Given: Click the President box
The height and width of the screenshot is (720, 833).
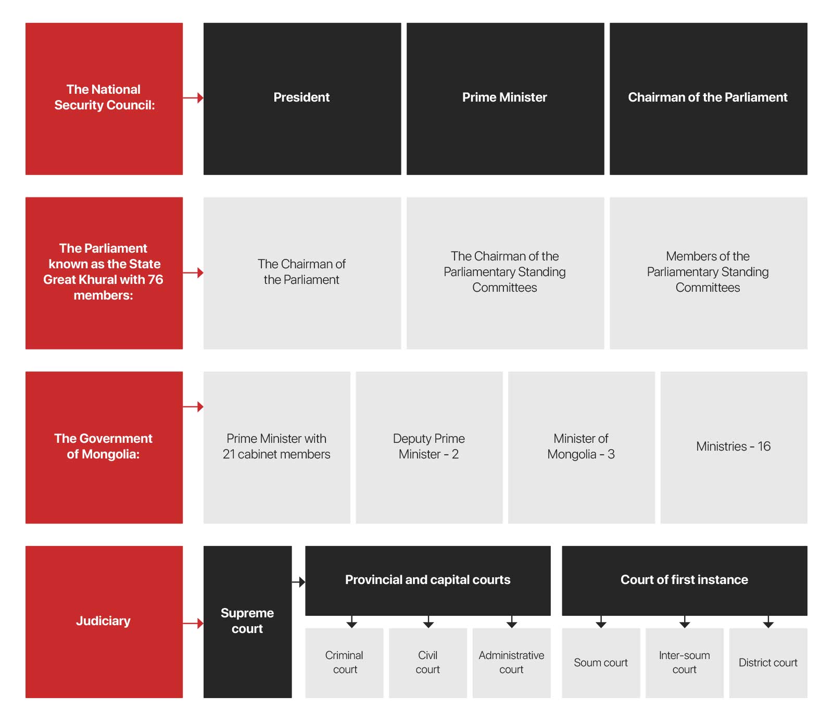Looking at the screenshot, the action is click(302, 98).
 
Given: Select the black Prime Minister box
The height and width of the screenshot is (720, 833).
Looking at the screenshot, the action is click(505, 98).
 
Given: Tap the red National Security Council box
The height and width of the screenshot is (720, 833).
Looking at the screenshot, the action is click(104, 98).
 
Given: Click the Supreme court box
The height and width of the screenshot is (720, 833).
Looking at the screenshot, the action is click(247, 622).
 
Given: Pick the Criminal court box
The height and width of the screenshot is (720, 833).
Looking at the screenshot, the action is click(344, 663).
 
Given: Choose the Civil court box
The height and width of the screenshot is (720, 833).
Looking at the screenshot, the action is click(428, 663).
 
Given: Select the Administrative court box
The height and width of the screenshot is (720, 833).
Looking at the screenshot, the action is click(511, 663).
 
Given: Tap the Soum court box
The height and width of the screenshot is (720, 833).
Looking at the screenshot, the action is click(601, 663).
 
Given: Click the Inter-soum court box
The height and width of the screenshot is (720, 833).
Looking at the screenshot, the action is click(685, 663).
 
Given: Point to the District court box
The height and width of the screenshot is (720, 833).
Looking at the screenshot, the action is click(768, 663).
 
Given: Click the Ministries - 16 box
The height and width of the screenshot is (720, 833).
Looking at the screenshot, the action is click(734, 447).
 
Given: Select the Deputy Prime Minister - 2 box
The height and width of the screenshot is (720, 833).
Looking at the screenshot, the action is click(429, 447).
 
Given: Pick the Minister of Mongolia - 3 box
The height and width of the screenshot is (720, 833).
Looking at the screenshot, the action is click(581, 447).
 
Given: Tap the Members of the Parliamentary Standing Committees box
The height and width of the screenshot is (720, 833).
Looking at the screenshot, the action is click(708, 272).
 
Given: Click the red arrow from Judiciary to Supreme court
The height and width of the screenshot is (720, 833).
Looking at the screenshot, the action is click(193, 624).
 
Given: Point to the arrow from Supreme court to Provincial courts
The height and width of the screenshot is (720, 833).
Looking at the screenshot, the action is click(298, 582).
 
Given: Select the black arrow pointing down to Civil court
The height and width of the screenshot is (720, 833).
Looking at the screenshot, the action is click(428, 622).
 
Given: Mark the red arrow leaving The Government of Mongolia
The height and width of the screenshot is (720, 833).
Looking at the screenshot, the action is click(193, 407).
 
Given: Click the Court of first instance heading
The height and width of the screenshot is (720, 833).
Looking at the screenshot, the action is click(684, 580).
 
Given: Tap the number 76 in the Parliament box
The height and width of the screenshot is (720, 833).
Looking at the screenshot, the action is click(155, 280).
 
